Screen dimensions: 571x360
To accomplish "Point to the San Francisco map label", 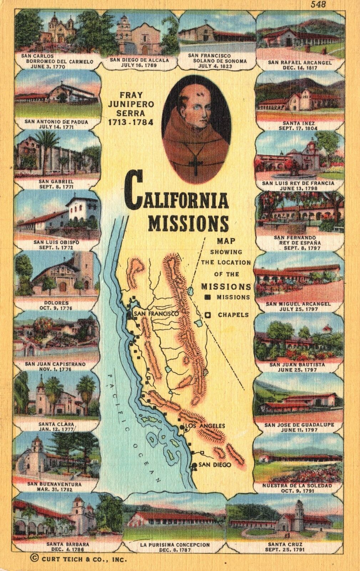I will [x=156, y=314].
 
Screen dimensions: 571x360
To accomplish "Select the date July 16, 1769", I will [x=140, y=66].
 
